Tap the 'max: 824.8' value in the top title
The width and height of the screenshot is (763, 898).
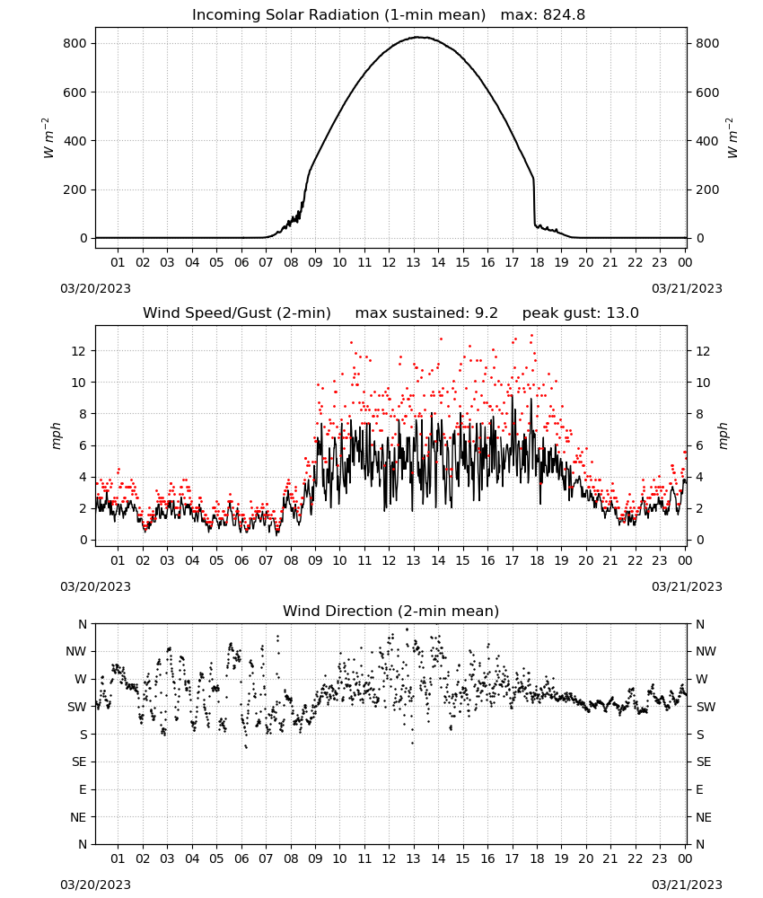(x=543, y=15)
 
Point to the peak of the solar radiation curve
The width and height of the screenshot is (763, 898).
(x=419, y=37)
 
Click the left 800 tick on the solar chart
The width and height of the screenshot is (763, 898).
(x=75, y=43)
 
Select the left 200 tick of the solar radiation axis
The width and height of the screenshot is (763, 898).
(x=75, y=189)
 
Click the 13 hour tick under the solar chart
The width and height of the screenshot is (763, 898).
(x=413, y=262)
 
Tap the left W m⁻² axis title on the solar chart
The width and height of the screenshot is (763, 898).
(x=48, y=138)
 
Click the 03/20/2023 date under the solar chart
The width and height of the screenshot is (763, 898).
(x=95, y=288)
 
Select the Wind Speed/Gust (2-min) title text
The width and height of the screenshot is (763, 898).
(x=236, y=313)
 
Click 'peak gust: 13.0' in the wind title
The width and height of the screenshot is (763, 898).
(x=581, y=313)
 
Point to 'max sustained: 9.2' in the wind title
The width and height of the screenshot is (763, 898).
(x=426, y=313)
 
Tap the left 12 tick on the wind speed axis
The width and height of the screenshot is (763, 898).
(x=79, y=351)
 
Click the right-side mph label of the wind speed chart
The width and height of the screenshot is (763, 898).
(x=723, y=436)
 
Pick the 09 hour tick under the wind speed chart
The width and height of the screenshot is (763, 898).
(x=315, y=560)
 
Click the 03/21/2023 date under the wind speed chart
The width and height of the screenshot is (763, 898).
(x=687, y=586)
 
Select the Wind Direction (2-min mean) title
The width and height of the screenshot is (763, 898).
(x=391, y=611)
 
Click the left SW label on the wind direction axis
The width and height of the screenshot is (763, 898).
(x=77, y=707)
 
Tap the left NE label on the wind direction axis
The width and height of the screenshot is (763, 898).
(x=78, y=817)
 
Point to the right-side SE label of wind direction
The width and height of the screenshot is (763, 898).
(x=704, y=762)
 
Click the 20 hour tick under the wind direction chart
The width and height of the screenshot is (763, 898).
(x=585, y=858)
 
